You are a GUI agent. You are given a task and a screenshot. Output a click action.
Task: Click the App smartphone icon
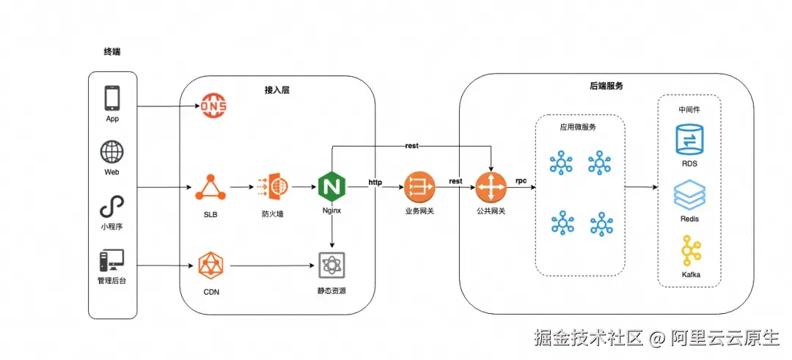click(112, 98)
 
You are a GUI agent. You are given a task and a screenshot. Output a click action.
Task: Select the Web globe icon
click(112, 152)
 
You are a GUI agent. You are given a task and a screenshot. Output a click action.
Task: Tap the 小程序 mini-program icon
click(112, 206)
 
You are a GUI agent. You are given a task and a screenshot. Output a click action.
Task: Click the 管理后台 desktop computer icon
click(112, 261)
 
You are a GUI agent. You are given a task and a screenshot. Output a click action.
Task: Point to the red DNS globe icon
click(214, 107)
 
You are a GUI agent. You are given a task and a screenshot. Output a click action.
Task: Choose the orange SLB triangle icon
click(210, 188)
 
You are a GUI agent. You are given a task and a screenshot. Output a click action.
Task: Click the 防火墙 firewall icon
click(271, 188)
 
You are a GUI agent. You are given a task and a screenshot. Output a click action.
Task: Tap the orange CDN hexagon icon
click(211, 265)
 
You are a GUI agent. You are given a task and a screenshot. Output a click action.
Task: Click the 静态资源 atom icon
click(331, 265)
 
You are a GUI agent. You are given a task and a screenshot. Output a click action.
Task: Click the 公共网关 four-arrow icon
click(491, 188)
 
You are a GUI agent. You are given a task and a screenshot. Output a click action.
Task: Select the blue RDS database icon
click(689, 140)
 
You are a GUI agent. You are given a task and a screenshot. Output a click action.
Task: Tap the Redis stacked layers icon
click(689, 196)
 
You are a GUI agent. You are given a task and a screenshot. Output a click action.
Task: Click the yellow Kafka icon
click(689, 251)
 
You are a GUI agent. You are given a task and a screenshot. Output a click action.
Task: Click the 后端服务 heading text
click(606, 86)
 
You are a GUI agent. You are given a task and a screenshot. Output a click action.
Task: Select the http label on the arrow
click(375, 181)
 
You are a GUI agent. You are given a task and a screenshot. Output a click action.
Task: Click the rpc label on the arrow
click(521, 180)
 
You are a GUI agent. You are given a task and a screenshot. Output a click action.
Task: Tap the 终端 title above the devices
click(112, 52)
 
